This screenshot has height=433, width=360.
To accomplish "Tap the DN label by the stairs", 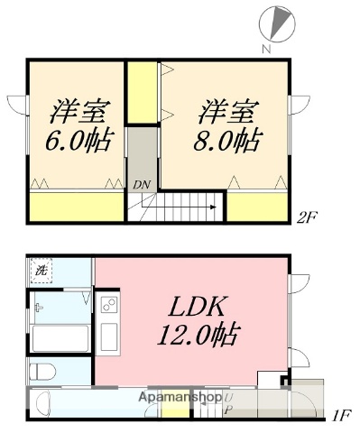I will point(141,185).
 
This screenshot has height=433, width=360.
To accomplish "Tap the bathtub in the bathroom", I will point(59,341).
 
